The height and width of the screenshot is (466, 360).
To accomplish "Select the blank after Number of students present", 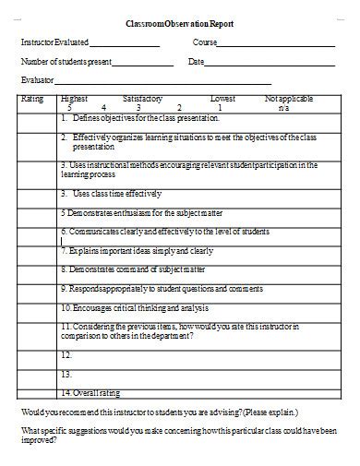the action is pyautogui.click(x=142, y=66).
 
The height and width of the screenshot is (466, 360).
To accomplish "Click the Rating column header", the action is pyautogui.click(x=32, y=97).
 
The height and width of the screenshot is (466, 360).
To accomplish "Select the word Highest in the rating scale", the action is pyautogui.click(x=73, y=97).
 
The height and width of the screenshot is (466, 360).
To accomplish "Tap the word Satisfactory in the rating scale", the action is pyautogui.click(x=142, y=97).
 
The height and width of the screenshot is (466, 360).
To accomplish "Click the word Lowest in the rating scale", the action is pyautogui.click(x=222, y=97).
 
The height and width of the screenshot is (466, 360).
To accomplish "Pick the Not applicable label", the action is pyautogui.click(x=283, y=97).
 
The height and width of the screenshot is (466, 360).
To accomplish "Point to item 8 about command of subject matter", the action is pyautogui.click(x=120, y=269).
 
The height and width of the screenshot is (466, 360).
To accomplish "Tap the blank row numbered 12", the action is pyautogui.click(x=66, y=354).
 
